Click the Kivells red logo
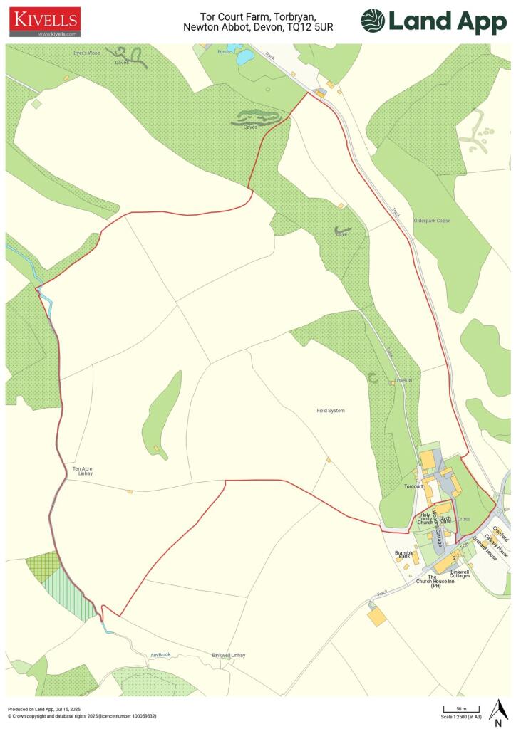point(44,21)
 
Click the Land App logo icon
point(373,21)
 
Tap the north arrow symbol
point(498,709)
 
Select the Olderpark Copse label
point(432,221)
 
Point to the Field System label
point(331,411)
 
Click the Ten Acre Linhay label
point(83,471)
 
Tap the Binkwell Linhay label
point(228,655)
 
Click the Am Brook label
point(158,656)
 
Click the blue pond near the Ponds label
point(245,56)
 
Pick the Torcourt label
point(413,487)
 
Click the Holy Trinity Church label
point(426,518)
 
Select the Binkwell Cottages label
point(460,573)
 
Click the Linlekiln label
point(403,381)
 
